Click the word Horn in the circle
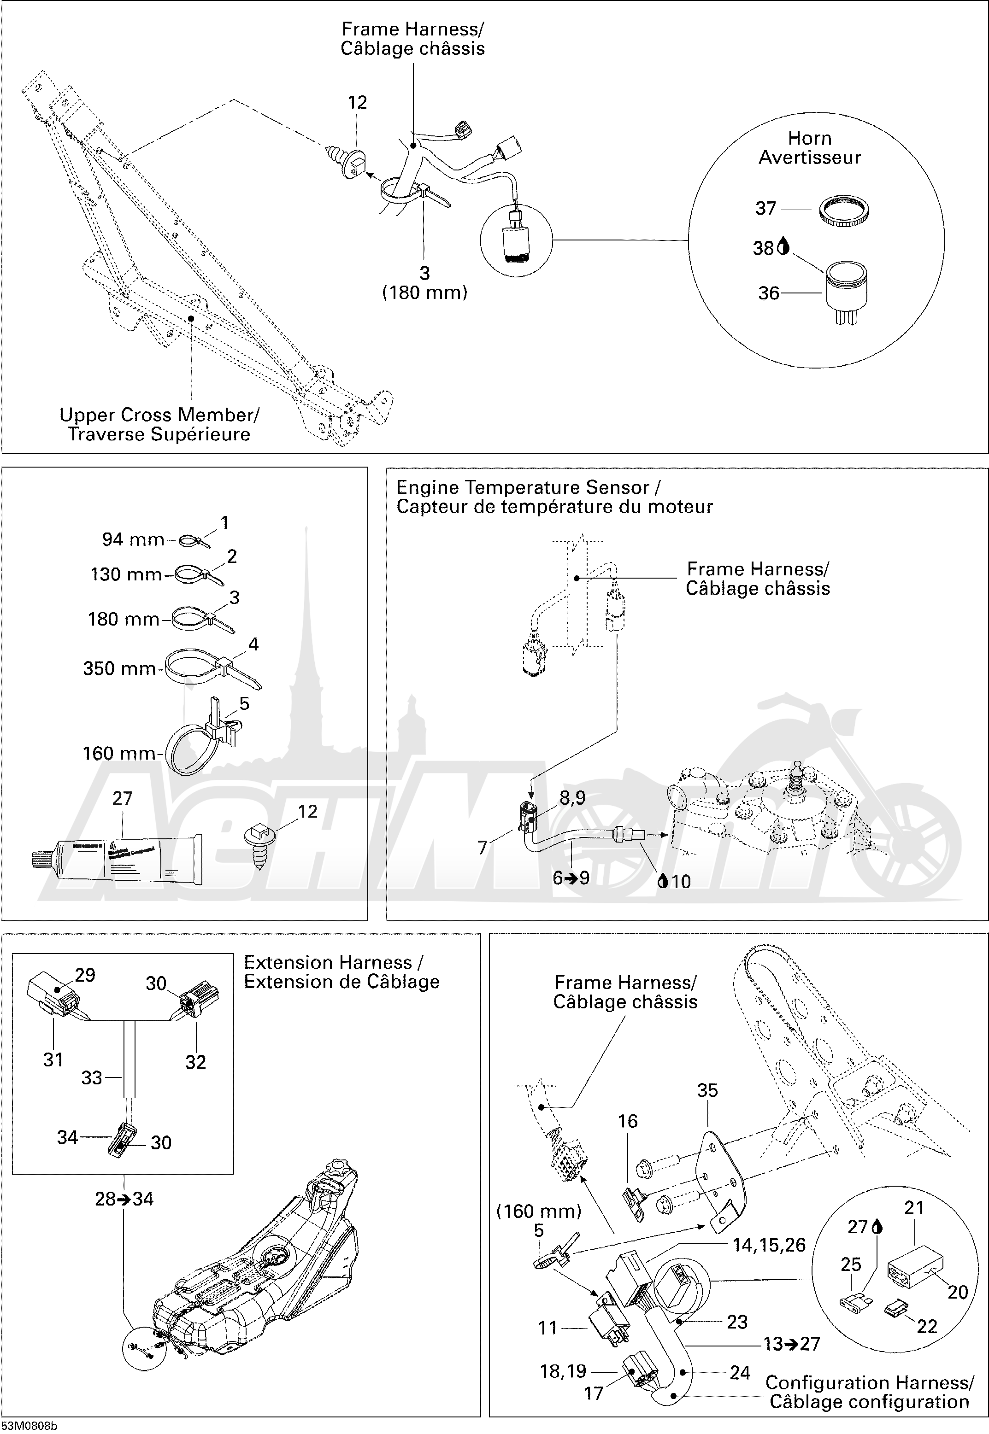(x=809, y=138)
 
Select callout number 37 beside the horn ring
(x=765, y=208)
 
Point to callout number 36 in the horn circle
(x=768, y=293)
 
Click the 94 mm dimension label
(x=133, y=539)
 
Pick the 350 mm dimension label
(x=120, y=668)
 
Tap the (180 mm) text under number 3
(x=424, y=293)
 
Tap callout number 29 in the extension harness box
(x=85, y=975)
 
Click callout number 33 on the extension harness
(x=92, y=1078)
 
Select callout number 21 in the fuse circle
(x=914, y=1207)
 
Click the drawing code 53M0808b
(x=29, y=1426)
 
